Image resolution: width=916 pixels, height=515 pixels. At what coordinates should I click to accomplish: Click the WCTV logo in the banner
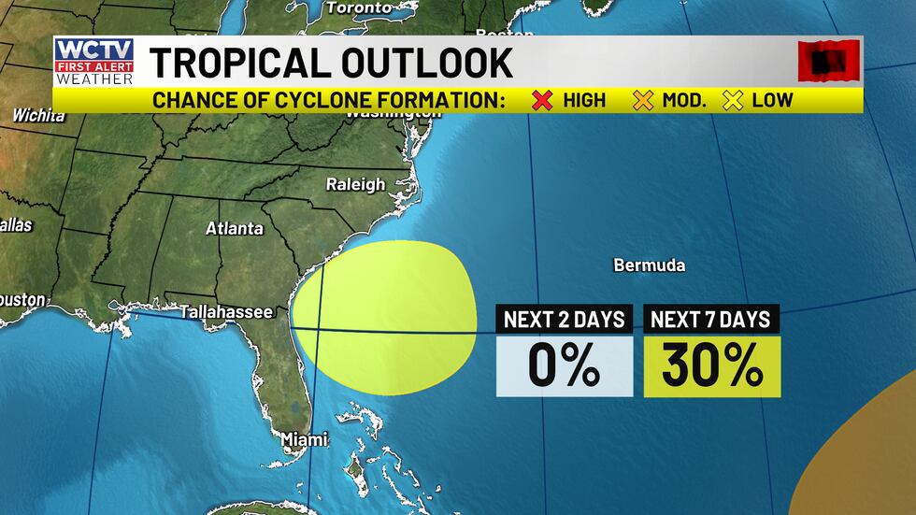(x=93, y=62)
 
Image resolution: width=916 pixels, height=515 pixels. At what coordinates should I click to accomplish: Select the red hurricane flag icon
(x=828, y=62)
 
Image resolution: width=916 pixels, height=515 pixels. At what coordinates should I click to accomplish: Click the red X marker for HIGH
(x=542, y=100)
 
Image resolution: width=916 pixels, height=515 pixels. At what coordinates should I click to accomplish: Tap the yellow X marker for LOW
(x=734, y=100)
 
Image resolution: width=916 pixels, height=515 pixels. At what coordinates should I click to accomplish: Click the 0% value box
(x=564, y=366)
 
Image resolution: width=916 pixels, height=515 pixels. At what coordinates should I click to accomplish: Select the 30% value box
(x=712, y=366)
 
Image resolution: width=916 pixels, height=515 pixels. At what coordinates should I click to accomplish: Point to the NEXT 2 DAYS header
(x=564, y=319)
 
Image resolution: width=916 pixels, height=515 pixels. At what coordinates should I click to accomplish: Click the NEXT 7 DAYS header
(x=711, y=319)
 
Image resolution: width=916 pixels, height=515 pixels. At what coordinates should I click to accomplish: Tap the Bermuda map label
(x=649, y=265)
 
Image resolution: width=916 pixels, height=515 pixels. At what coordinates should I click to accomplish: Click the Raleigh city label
(x=355, y=184)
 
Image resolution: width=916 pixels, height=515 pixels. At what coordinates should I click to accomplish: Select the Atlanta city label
(x=235, y=228)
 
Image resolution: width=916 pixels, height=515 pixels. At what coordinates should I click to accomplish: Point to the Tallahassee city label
(x=226, y=312)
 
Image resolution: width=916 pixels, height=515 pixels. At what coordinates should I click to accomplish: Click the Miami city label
(x=305, y=438)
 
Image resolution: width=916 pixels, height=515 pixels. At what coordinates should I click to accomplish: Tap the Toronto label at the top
(x=359, y=7)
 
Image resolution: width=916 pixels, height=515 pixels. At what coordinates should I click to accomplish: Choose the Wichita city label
(x=38, y=116)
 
